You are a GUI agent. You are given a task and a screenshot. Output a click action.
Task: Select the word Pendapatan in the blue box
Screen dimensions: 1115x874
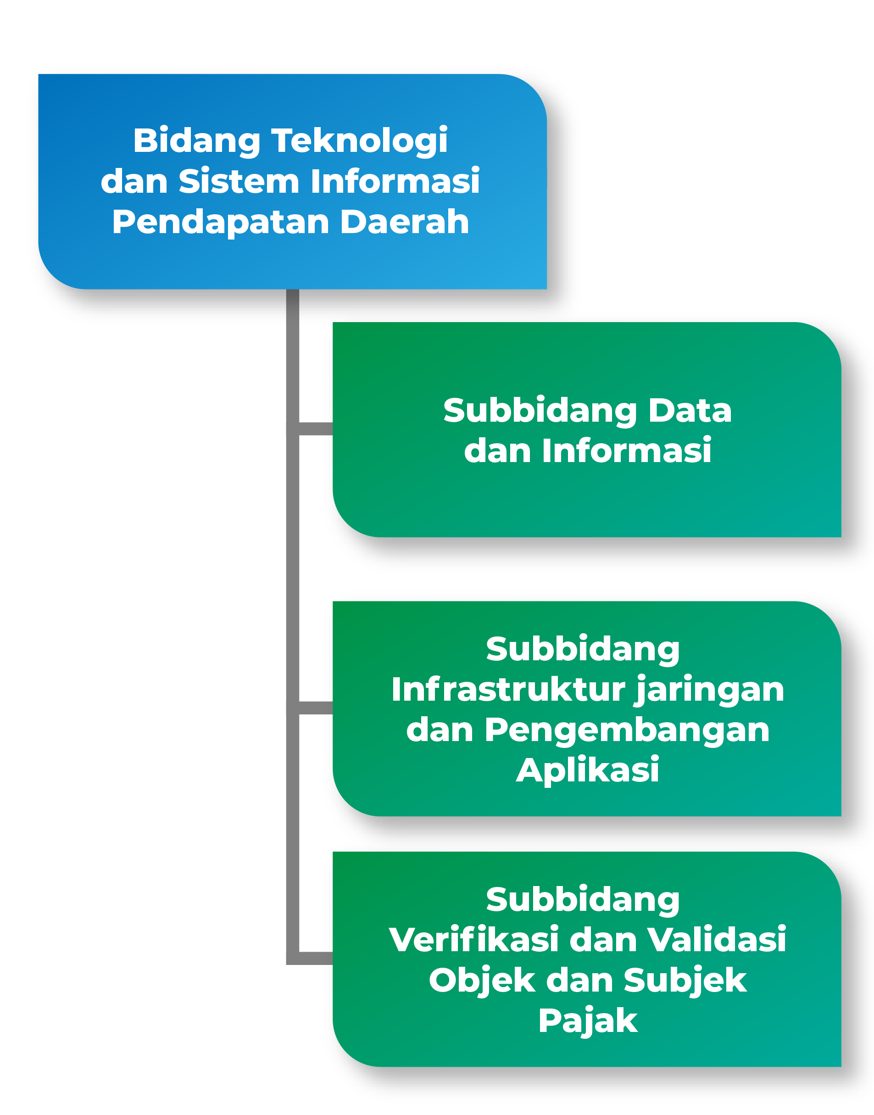click(221, 223)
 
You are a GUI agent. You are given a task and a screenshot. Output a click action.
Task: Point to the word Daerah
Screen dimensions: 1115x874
click(404, 222)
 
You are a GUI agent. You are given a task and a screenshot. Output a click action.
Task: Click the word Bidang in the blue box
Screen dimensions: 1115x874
click(196, 141)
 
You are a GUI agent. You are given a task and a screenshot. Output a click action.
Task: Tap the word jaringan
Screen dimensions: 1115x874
click(709, 690)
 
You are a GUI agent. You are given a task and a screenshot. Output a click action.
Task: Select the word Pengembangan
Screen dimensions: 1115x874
click(627, 730)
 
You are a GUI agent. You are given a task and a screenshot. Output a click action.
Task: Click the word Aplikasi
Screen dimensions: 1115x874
click(587, 770)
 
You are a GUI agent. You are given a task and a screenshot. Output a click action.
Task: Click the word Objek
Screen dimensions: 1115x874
click(482, 981)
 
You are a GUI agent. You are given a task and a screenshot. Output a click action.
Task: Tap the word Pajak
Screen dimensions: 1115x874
click(587, 1021)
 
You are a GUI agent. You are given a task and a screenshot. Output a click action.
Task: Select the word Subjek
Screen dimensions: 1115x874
click(685, 981)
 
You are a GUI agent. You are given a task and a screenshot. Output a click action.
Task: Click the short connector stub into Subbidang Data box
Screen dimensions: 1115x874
click(315, 429)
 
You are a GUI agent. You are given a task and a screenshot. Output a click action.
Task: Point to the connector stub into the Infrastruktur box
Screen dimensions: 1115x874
click(315, 708)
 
